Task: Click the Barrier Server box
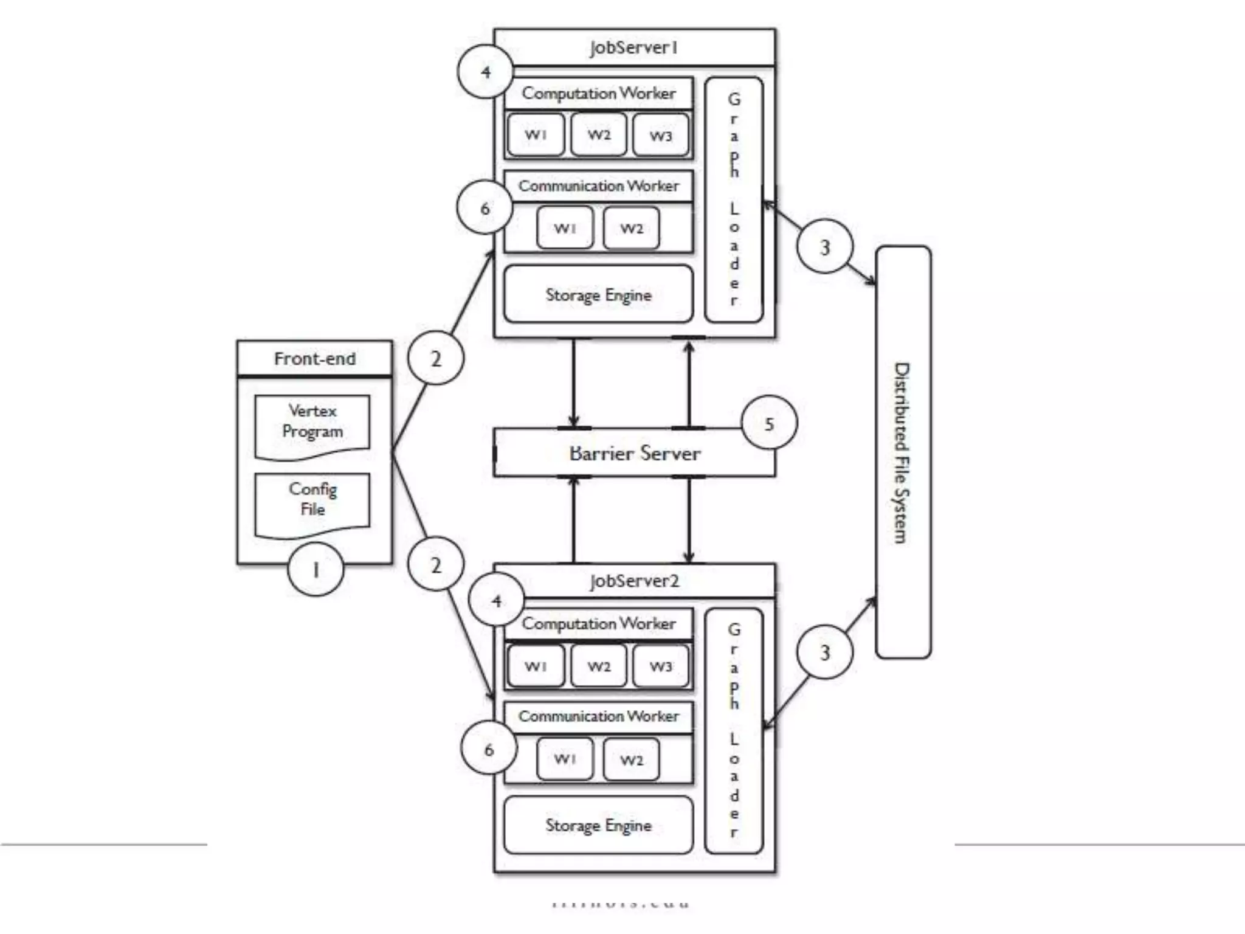[634, 453]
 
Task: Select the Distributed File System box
[903, 452]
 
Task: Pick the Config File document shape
[312, 502]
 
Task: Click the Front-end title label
[315, 359]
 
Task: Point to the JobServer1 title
[634, 47]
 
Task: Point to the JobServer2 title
[634, 581]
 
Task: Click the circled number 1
[316, 570]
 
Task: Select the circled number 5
[769, 424]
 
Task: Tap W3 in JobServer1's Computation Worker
[661, 135]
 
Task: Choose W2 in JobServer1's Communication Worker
[631, 228]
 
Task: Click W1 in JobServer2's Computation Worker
[536, 666]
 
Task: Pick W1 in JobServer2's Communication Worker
[565, 759]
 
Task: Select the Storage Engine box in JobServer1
[598, 295]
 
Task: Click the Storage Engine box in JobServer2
[598, 825]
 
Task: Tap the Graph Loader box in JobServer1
[734, 199]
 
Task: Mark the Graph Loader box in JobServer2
[734, 730]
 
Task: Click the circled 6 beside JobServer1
[485, 209]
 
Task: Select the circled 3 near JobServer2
[825, 652]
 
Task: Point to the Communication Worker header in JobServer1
[598, 186]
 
